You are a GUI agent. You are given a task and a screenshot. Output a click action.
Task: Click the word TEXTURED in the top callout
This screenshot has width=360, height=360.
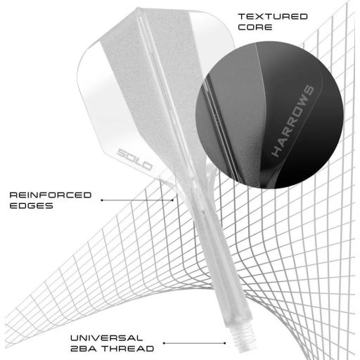pyautogui.click(x=273, y=17)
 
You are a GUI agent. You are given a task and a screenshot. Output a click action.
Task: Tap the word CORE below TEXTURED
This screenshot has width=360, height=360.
pyautogui.click(x=255, y=27)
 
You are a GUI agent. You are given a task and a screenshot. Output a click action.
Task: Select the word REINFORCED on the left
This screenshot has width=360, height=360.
pyautogui.click(x=51, y=195)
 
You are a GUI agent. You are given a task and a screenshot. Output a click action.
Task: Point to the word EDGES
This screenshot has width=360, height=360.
pyautogui.click(x=32, y=206)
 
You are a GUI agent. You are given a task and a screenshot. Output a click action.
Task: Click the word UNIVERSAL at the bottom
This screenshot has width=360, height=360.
pyautogui.click(x=107, y=338)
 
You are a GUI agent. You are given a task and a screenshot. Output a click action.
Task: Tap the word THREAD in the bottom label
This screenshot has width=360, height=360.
pyautogui.click(x=129, y=349)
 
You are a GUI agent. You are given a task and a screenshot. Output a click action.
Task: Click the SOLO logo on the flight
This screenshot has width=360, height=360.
pyautogui.click(x=134, y=159)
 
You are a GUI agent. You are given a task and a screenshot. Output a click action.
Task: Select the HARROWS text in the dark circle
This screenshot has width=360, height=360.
pyautogui.click(x=292, y=121)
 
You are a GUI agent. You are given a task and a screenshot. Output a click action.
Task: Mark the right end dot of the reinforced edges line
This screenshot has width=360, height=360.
pyautogui.click(x=172, y=200)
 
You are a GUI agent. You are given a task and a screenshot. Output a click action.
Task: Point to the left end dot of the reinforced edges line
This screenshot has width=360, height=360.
pyautogui.click(x=102, y=200)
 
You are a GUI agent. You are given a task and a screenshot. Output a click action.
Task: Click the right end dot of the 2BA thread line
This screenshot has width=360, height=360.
pyautogui.click(x=225, y=343)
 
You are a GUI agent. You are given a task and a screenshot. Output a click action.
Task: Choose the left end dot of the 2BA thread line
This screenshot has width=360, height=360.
pyautogui.click(x=164, y=343)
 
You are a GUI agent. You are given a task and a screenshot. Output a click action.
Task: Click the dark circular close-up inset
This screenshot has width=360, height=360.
pyautogui.click(x=269, y=115)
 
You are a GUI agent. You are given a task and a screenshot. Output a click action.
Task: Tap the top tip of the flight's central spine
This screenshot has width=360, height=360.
pyautogui.click(x=139, y=9)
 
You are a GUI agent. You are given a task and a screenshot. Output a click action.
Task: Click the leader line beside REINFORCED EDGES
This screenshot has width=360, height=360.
pyautogui.click(x=137, y=200)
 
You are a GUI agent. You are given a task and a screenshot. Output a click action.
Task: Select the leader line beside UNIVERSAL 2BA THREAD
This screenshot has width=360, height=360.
pyautogui.click(x=195, y=343)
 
